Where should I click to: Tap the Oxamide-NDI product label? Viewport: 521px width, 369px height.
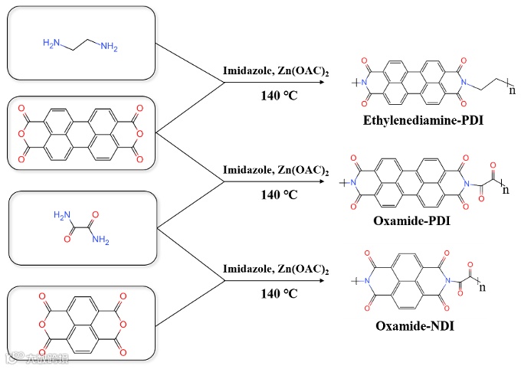point(415,327)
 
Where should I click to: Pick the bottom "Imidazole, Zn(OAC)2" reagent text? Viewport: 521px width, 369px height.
point(276,270)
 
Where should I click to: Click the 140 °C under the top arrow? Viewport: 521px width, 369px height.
point(276,96)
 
